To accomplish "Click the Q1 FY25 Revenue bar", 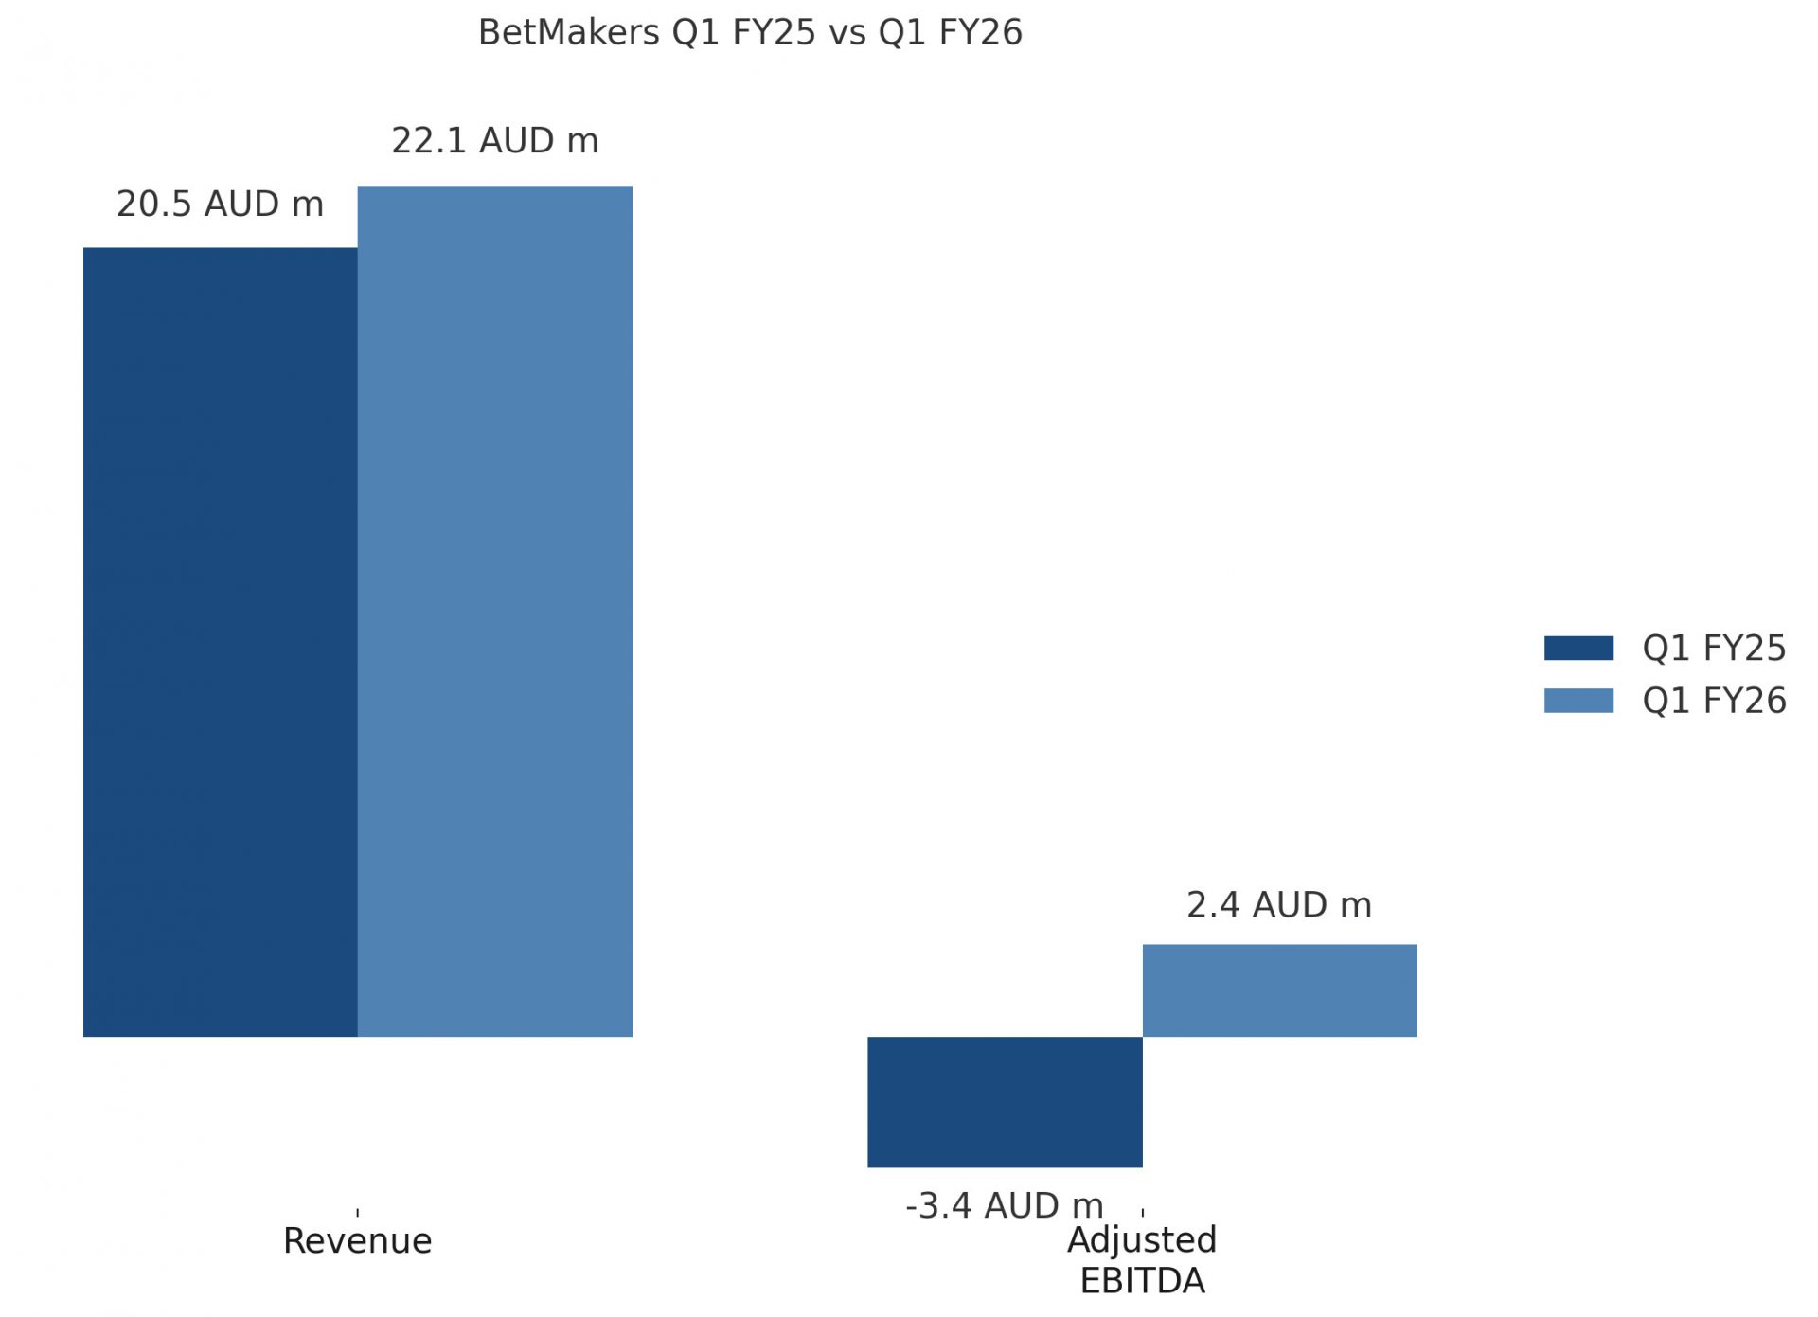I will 220,642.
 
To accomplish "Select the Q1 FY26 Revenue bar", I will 494,611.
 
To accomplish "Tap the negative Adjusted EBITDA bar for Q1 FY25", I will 1005,1101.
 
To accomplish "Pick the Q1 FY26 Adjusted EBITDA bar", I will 1279,989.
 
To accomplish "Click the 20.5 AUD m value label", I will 220,204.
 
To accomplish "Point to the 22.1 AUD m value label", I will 494,140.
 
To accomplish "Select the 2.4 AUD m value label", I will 1278,904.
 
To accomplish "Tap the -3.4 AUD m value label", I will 1004,1205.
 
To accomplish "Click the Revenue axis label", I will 357,1240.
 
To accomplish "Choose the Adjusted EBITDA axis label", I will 1142,1259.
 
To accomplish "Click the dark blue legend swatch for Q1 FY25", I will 1578,648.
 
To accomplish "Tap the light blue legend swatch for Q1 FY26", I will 1578,700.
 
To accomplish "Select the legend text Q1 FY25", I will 1713,648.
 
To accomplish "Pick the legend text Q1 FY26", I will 1713,700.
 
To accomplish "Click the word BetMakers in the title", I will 568,32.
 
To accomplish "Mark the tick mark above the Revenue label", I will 357,1212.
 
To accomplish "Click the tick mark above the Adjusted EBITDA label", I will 1143,1212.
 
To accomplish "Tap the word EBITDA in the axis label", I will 1142,1281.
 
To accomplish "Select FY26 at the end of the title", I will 980,32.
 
